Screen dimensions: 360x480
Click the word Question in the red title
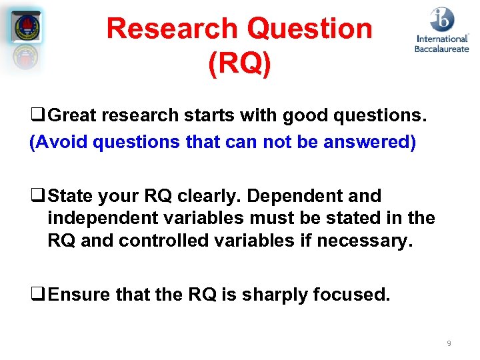coord(309,29)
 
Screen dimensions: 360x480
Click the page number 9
coord(449,343)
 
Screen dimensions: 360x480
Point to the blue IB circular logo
coord(442,20)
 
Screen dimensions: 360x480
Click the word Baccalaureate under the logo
coord(441,48)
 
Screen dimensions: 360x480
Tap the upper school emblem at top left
coord(27,27)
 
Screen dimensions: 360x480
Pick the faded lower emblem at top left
coord(27,58)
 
